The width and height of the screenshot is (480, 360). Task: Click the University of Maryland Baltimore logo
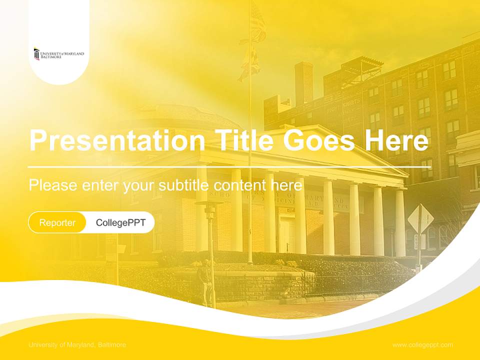pyautogui.click(x=58, y=54)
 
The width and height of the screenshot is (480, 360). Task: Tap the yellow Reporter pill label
pyautogui.click(x=57, y=222)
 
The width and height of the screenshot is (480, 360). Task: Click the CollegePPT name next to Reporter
pyautogui.click(x=120, y=222)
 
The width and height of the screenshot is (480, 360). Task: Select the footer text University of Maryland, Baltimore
pyautogui.click(x=77, y=345)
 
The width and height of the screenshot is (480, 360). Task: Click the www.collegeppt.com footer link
pyautogui.click(x=422, y=345)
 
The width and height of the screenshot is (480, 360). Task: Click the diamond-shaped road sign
pyautogui.click(x=420, y=218)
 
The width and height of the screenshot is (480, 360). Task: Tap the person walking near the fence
pyautogui.click(x=205, y=282)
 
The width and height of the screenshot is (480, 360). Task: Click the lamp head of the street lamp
pyautogui.click(x=209, y=206)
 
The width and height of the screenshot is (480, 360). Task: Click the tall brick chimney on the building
pyautogui.click(x=303, y=82)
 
